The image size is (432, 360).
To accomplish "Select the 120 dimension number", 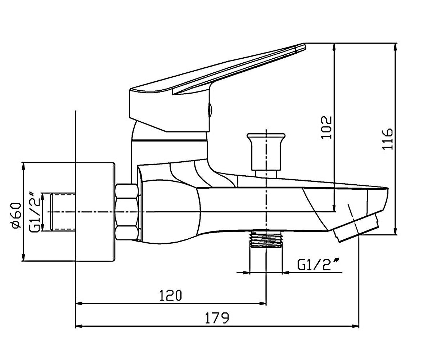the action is [171, 295].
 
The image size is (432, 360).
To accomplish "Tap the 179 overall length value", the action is [217, 318].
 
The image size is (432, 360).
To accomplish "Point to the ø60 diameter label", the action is [17, 215].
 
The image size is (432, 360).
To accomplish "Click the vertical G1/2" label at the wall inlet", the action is [34, 212].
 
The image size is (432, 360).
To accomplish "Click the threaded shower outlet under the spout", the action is [266, 239].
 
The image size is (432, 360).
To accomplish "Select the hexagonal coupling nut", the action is [127, 212].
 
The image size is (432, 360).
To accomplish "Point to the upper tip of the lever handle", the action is [305, 44].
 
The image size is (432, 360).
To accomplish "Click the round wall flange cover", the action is [95, 212].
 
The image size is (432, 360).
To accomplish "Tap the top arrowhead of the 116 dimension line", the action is [395, 47].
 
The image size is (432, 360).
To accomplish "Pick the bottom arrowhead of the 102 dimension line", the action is [334, 208].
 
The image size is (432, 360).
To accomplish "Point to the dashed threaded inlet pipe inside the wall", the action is [63, 212].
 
